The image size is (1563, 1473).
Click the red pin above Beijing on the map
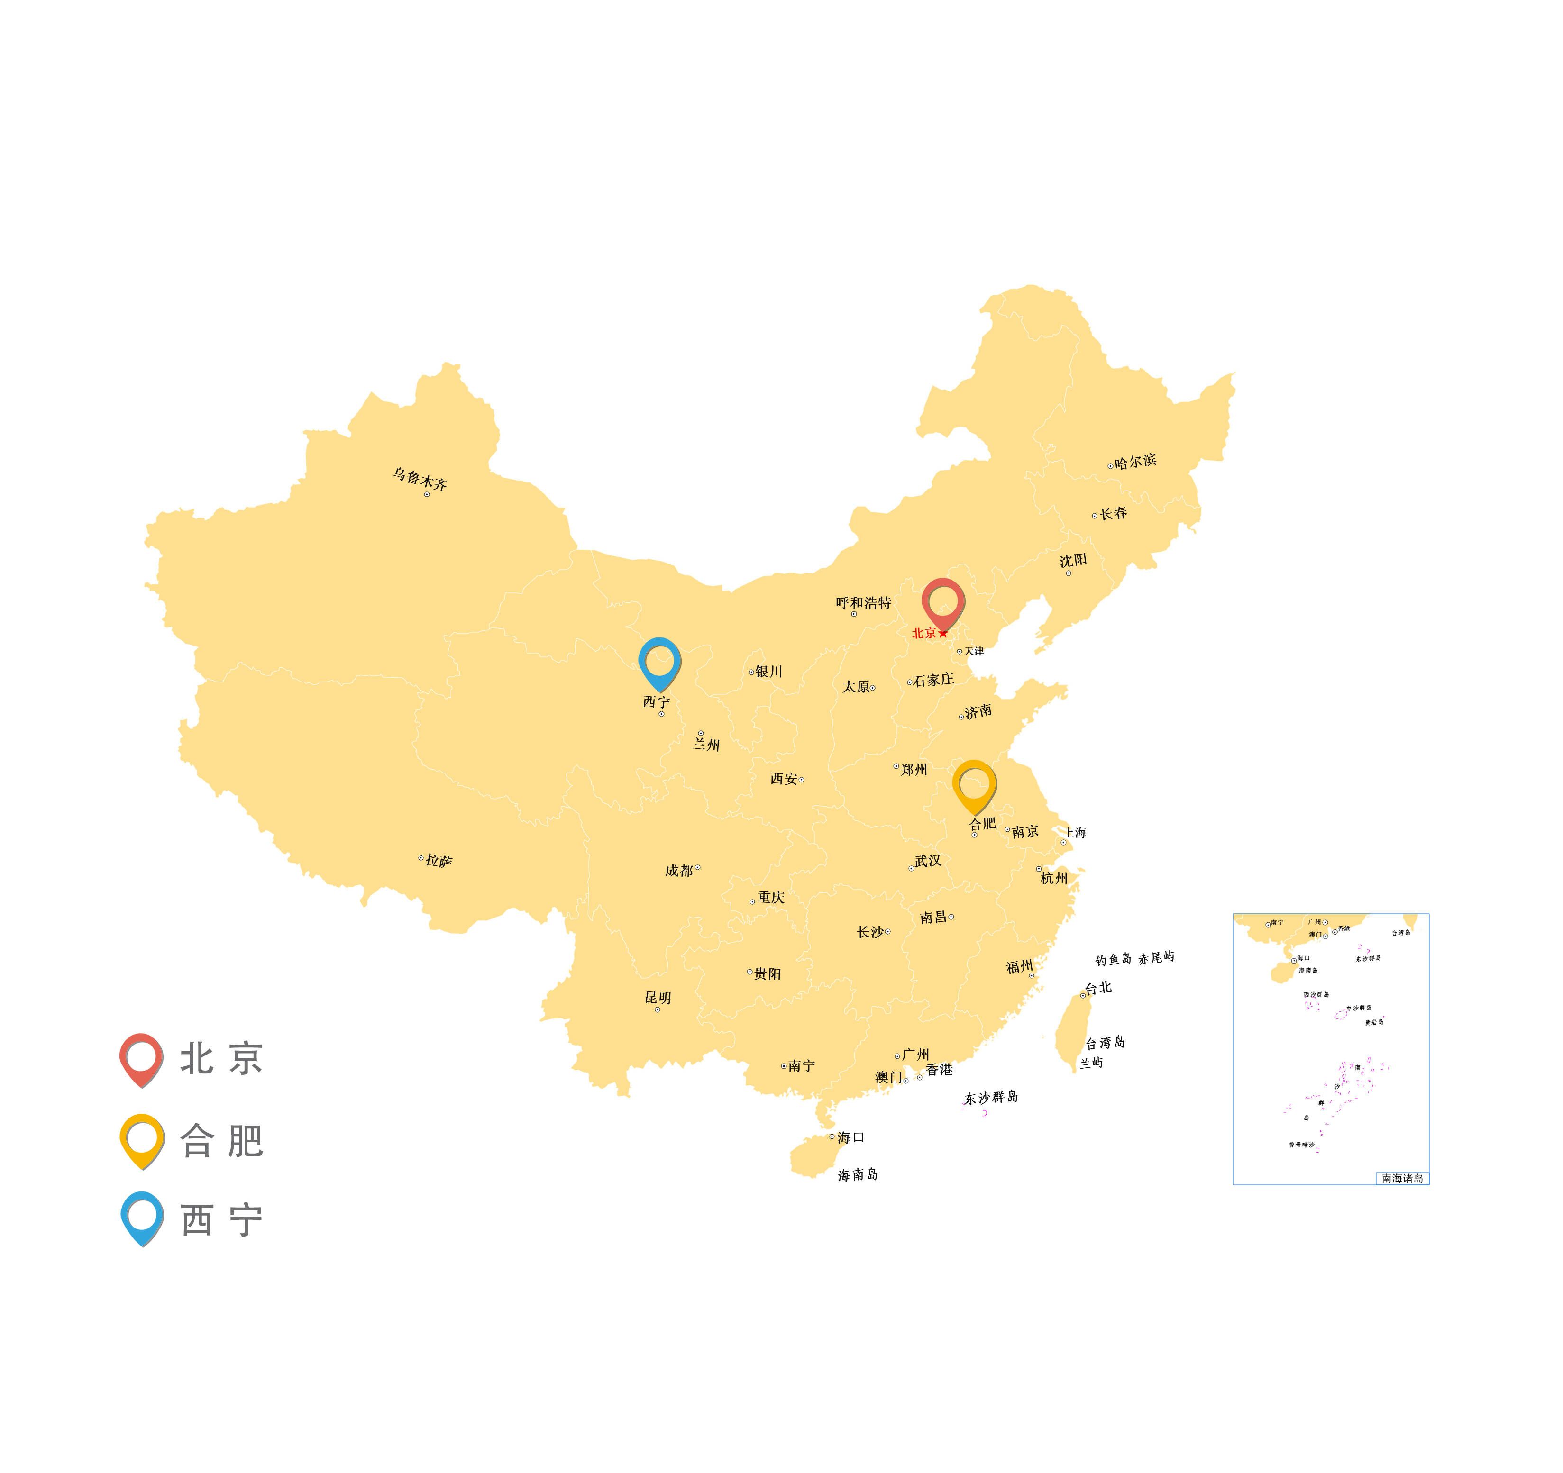click(942, 602)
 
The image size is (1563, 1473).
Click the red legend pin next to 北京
click(142, 1057)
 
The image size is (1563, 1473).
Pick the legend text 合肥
click(222, 1140)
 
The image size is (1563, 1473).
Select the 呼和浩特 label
click(863, 603)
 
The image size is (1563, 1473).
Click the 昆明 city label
click(658, 998)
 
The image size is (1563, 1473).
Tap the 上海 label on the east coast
click(1076, 832)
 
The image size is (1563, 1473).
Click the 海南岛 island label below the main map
click(858, 1174)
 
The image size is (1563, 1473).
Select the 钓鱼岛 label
click(1113, 960)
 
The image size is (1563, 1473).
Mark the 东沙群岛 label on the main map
click(991, 1097)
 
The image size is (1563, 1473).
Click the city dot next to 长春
click(1095, 516)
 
